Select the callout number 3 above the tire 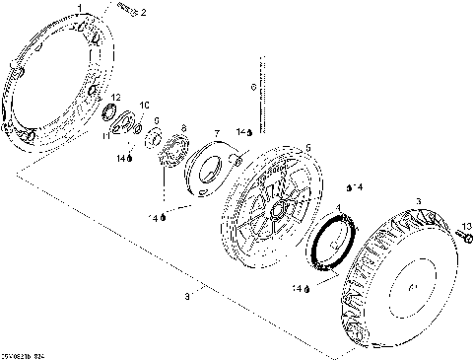418,202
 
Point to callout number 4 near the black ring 340,208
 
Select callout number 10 144,105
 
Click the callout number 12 116,96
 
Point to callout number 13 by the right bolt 467,226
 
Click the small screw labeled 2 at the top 123,8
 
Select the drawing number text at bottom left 24,352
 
